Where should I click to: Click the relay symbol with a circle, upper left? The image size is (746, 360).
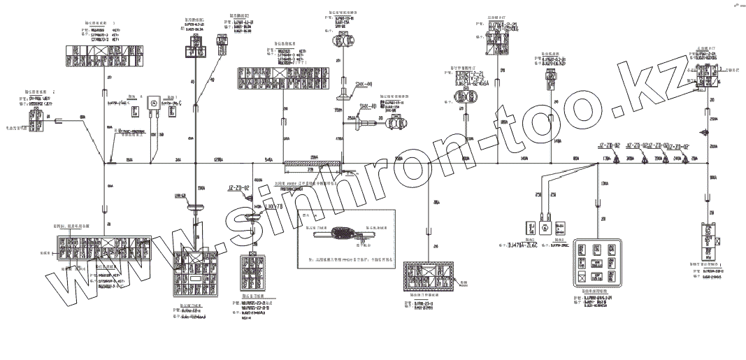[150, 103]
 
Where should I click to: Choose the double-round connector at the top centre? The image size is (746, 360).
[341, 41]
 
